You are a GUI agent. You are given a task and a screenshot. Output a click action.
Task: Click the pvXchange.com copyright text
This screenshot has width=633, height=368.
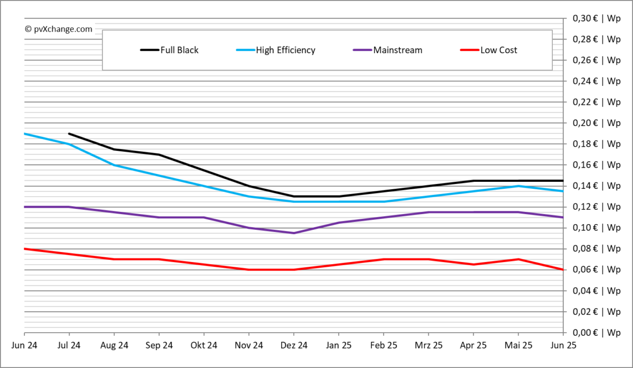tap(59, 29)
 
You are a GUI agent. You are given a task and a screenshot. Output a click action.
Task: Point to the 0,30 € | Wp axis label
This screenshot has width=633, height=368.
tap(597, 18)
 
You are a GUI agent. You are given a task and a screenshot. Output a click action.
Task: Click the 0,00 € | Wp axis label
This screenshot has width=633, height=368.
tap(597, 333)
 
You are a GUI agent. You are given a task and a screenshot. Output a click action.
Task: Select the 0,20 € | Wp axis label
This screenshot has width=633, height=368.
tap(597, 123)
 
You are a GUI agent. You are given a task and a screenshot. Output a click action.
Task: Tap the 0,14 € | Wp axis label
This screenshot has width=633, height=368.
tap(597, 186)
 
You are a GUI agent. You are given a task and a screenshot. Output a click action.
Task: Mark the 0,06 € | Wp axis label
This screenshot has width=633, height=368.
tap(597, 269)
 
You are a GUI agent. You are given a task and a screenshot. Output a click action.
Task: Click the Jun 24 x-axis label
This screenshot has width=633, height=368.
tap(24, 346)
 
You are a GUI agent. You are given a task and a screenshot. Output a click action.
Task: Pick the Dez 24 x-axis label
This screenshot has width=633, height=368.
tap(294, 346)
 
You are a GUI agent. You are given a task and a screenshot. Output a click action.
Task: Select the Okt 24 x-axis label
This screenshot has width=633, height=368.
tap(204, 346)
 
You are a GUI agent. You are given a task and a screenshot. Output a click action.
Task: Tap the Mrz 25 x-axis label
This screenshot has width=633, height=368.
tap(428, 346)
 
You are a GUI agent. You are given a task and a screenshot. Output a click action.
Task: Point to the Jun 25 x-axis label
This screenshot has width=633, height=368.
tap(562, 346)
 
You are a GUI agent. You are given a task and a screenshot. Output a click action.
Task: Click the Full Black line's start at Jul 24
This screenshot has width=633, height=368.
tap(69, 133)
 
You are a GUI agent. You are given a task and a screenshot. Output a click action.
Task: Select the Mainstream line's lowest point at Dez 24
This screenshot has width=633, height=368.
tap(294, 233)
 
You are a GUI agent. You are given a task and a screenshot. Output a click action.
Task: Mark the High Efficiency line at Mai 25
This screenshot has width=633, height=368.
tap(519, 186)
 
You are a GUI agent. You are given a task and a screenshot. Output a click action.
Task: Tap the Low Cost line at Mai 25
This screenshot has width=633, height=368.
tap(519, 259)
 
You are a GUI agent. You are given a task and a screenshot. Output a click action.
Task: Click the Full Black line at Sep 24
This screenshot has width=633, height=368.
tap(159, 154)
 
